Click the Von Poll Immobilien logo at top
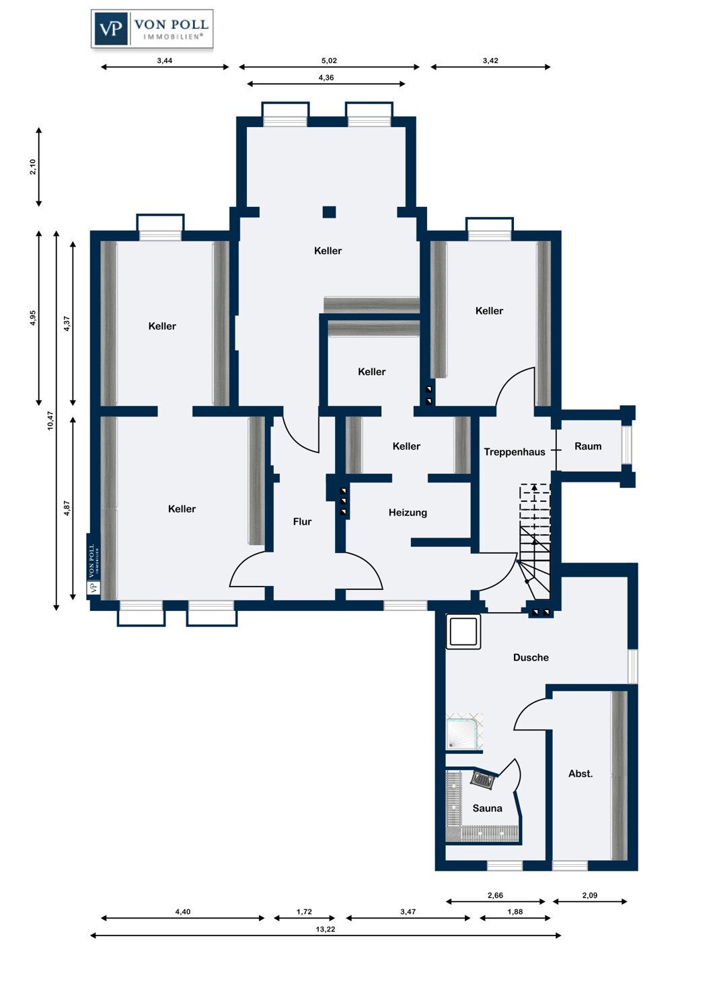pos(152,29)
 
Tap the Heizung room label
pos(408,513)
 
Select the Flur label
pos(302,521)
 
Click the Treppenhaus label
pos(515,452)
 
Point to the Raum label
pos(588,446)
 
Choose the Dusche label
pos(531,657)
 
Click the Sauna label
pos(488,808)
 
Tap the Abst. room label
pos(580,773)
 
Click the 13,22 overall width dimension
pos(325,929)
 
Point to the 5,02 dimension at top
pos(329,60)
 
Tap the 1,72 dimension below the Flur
pos(304,912)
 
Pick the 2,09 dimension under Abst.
pos(590,895)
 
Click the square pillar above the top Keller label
pos(329,212)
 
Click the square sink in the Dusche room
pos(463,632)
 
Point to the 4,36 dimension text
pos(326,78)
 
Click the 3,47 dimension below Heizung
pos(408,912)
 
